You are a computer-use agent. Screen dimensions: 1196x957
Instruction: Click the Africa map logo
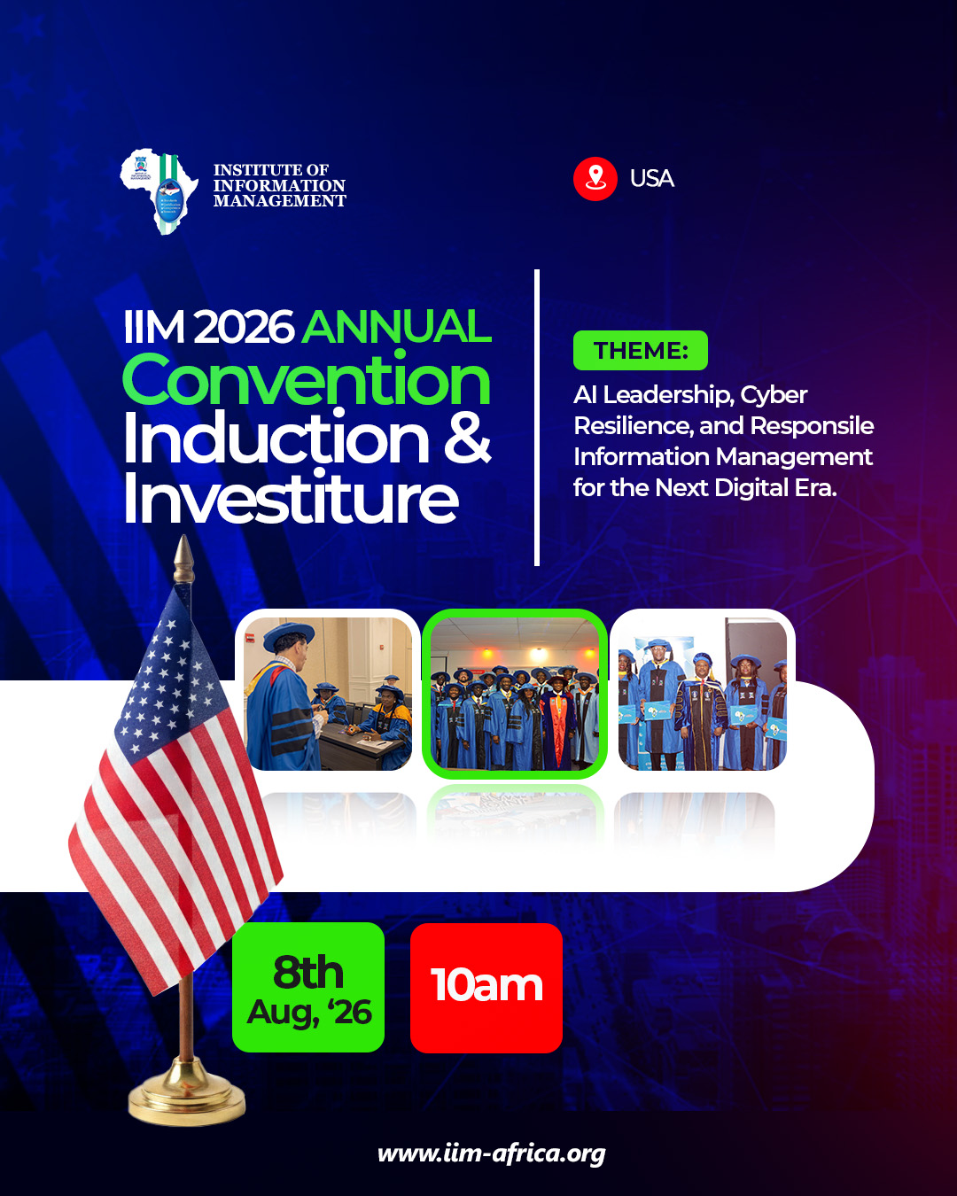pyautogui.click(x=159, y=190)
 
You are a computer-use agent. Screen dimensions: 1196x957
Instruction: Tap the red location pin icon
pyautogui.click(x=595, y=179)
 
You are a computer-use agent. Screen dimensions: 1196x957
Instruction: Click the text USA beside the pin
pyautogui.click(x=651, y=179)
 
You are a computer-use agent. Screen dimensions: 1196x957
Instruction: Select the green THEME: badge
pyautogui.click(x=640, y=351)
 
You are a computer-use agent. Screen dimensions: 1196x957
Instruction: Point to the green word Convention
pyautogui.click(x=306, y=380)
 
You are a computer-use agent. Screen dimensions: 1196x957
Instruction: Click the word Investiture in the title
pyautogui.click(x=291, y=499)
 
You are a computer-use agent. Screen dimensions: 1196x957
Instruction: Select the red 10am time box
pyautogui.click(x=486, y=987)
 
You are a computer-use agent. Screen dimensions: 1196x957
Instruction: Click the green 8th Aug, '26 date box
pyautogui.click(x=308, y=987)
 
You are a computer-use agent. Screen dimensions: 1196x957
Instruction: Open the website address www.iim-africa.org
pyautogui.click(x=491, y=1153)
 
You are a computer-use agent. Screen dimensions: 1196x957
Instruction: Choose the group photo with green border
pyautogui.click(x=514, y=694)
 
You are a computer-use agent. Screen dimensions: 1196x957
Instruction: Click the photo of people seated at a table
pyautogui.click(x=328, y=694)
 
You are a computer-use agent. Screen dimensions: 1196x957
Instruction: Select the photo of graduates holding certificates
pyautogui.click(x=703, y=694)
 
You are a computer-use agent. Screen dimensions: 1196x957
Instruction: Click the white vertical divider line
pyautogui.click(x=537, y=417)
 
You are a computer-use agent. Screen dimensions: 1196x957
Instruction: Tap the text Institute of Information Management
pyautogui.click(x=279, y=186)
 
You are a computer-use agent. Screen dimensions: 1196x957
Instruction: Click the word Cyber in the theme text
pyautogui.click(x=774, y=395)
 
